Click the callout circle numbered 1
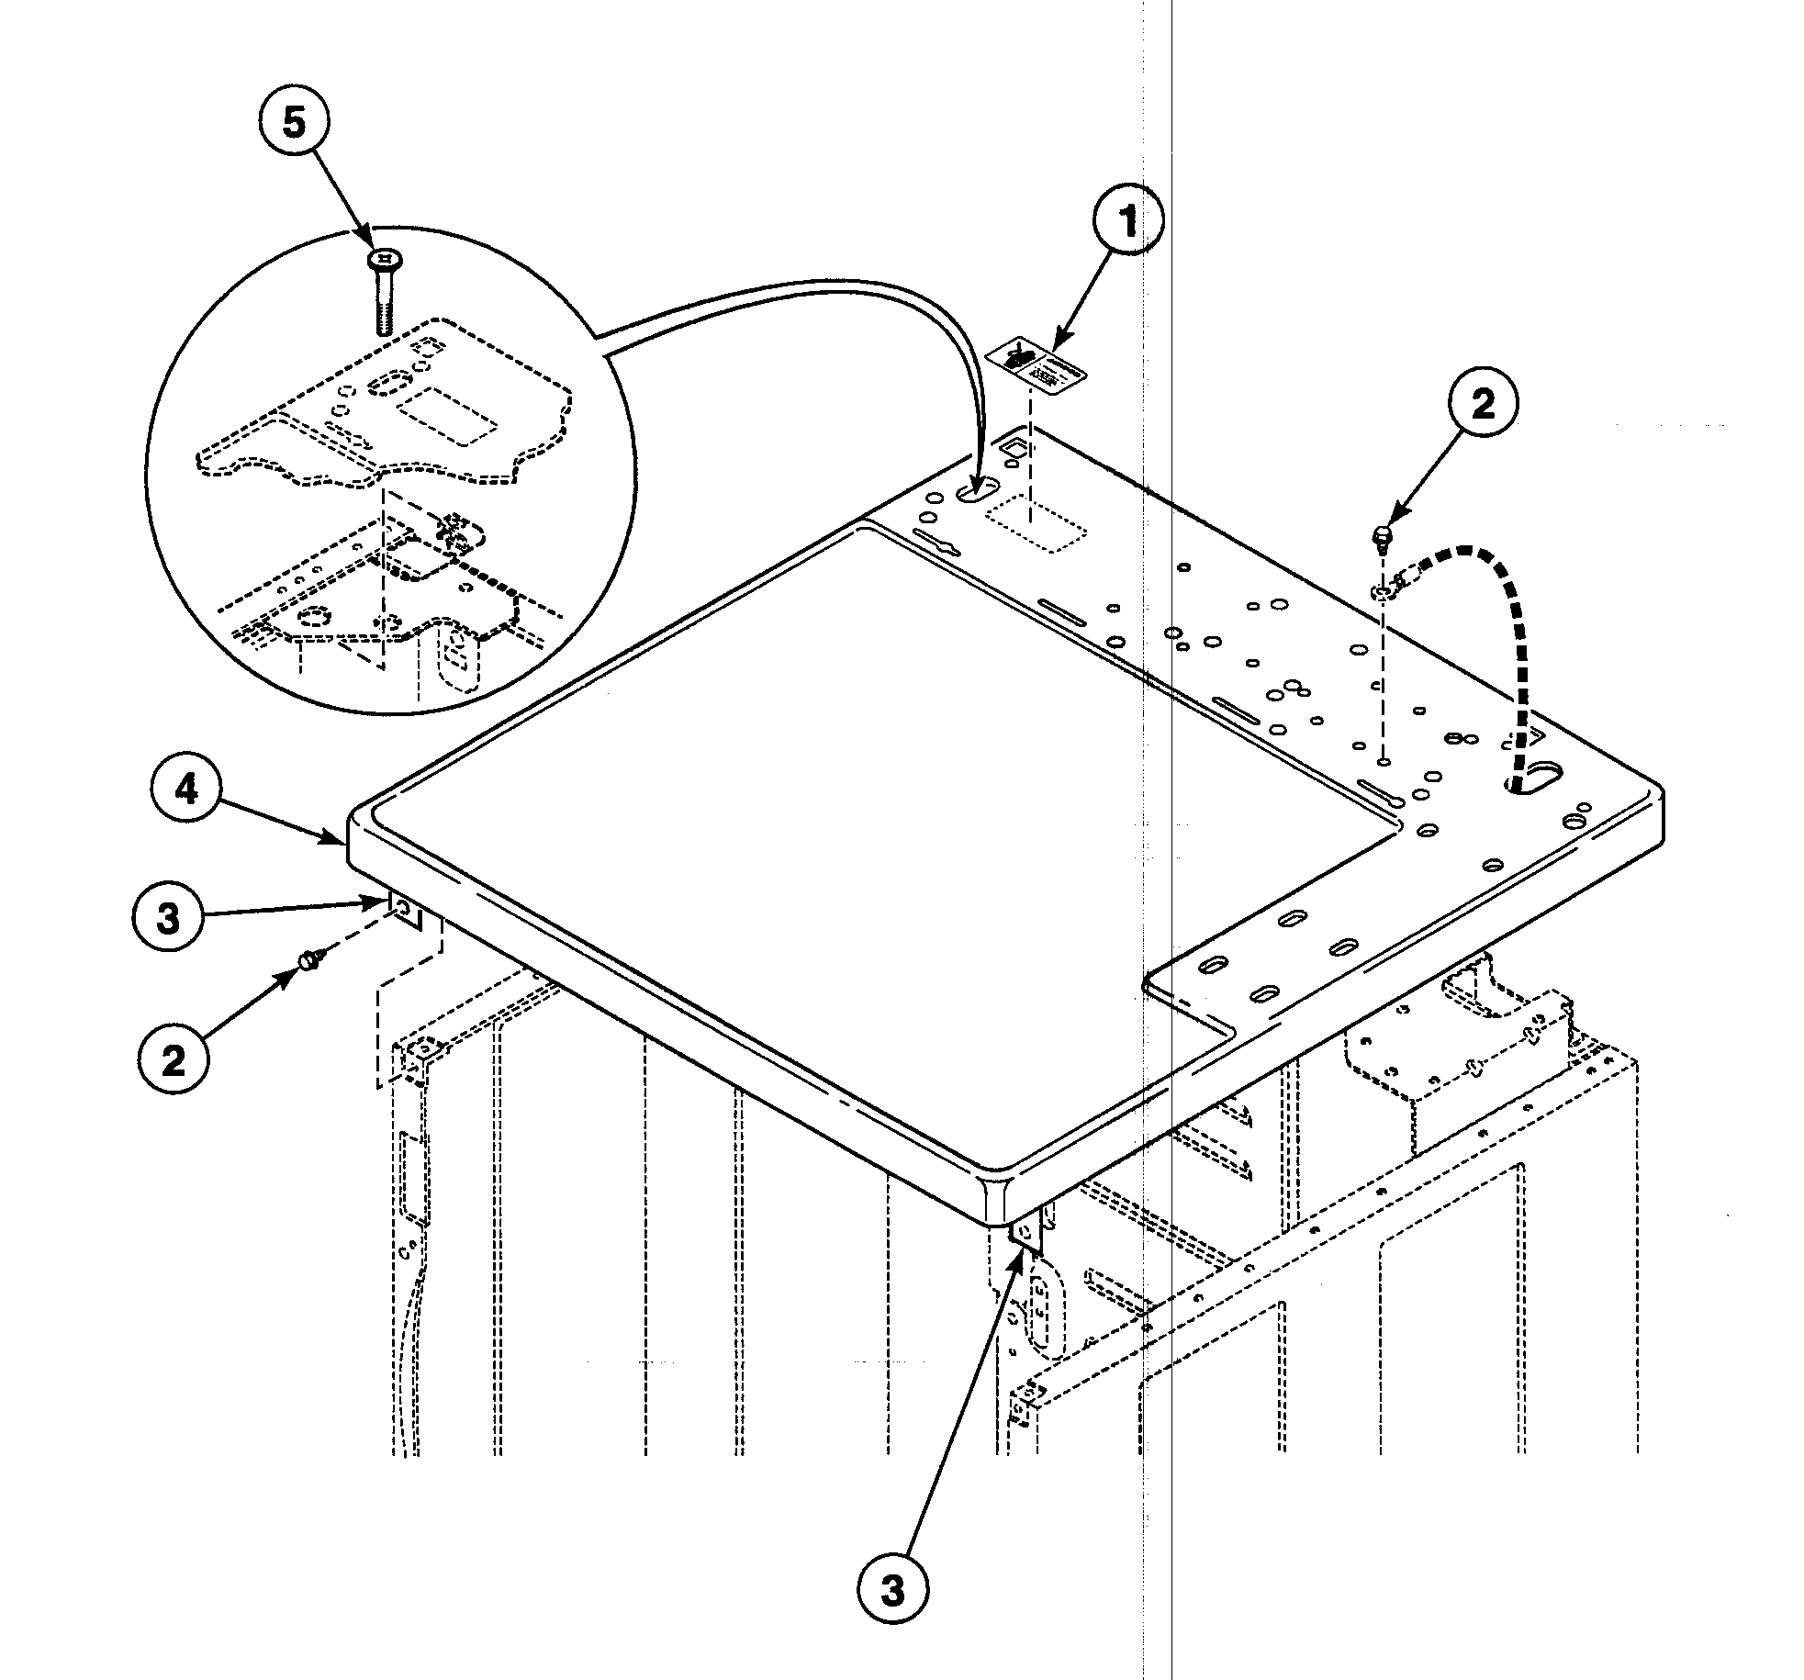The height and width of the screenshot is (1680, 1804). [1127, 222]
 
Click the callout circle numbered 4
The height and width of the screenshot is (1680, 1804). [186, 789]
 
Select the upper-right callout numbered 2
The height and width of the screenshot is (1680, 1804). [1483, 404]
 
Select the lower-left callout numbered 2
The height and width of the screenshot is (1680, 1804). [173, 1060]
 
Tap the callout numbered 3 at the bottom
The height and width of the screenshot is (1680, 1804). [892, 1591]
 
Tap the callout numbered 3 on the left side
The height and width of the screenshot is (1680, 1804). [168, 918]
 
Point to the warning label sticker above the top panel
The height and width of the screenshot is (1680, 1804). [1036, 365]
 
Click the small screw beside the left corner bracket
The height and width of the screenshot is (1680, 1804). [308, 960]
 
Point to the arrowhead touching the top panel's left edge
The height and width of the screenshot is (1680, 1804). [338, 837]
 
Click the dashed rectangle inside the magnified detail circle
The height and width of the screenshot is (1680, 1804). [449, 416]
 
